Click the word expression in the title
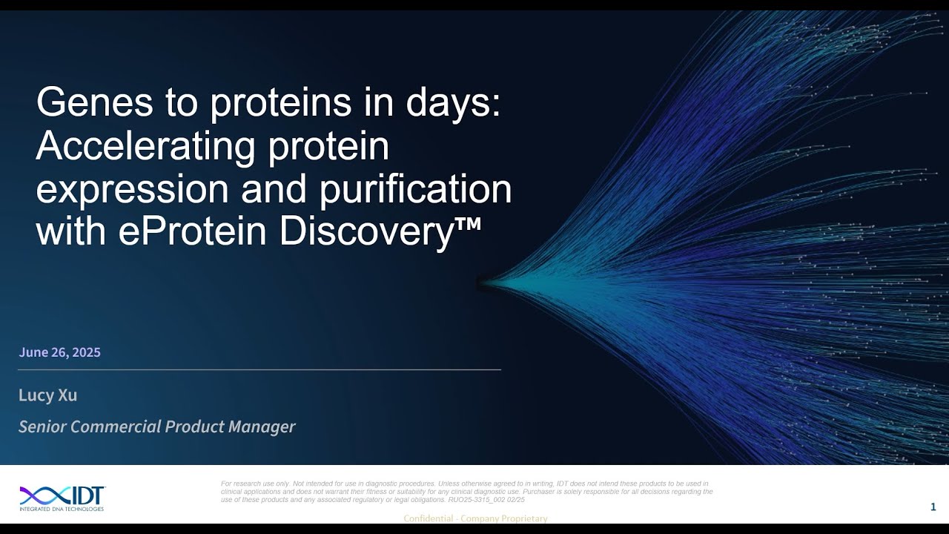point(132,188)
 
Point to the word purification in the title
point(415,188)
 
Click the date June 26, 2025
point(59,352)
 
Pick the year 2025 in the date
point(85,352)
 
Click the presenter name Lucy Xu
point(47,395)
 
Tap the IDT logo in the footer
point(62,495)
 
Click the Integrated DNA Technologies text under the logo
point(62,509)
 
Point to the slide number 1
point(933,507)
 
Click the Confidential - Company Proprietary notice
point(475,518)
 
